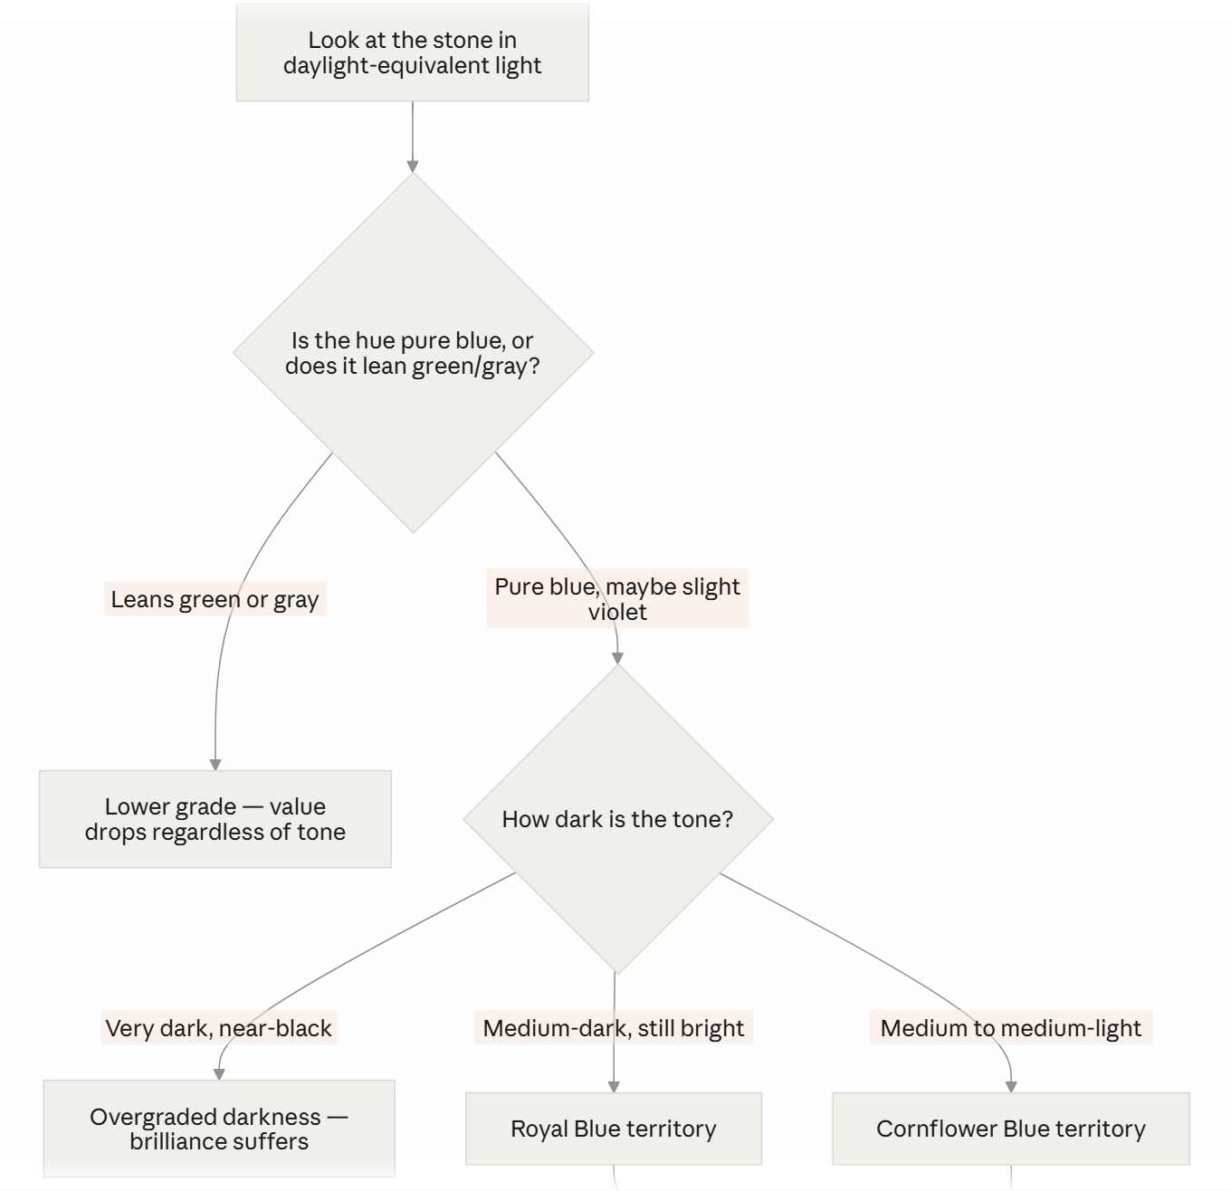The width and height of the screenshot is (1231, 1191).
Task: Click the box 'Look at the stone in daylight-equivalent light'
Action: (413, 52)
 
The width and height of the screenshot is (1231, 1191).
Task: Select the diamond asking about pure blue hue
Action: (413, 352)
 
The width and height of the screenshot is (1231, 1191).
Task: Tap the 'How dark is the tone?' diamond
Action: (618, 819)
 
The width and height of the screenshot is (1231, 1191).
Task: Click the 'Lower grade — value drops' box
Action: (215, 819)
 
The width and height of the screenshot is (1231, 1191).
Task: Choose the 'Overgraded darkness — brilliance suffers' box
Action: (219, 1129)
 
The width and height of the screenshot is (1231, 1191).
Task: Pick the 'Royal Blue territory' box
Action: (614, 1129)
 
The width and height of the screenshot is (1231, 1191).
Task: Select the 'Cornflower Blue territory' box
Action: (1011, 1129)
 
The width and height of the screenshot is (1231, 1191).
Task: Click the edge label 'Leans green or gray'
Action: (215, 599)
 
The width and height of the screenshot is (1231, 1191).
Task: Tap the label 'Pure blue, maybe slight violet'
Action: (617, 598)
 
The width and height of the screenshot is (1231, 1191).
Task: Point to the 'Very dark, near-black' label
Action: (219, 1028)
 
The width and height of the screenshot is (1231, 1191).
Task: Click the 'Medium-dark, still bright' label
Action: (614, 1028)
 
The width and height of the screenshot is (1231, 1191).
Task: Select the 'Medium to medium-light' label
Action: (1011, 1028)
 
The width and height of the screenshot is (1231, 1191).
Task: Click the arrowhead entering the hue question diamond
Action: (413, 167)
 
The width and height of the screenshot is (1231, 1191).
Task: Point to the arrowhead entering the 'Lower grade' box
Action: (215, 765)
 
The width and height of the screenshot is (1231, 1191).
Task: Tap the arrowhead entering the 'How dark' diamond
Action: (618, 659)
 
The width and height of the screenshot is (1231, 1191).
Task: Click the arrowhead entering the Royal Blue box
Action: (614, 1087)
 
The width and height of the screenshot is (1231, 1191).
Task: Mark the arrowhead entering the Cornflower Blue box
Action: (1011, 1087)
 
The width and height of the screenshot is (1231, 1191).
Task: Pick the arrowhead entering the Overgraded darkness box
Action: (219, 1074)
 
